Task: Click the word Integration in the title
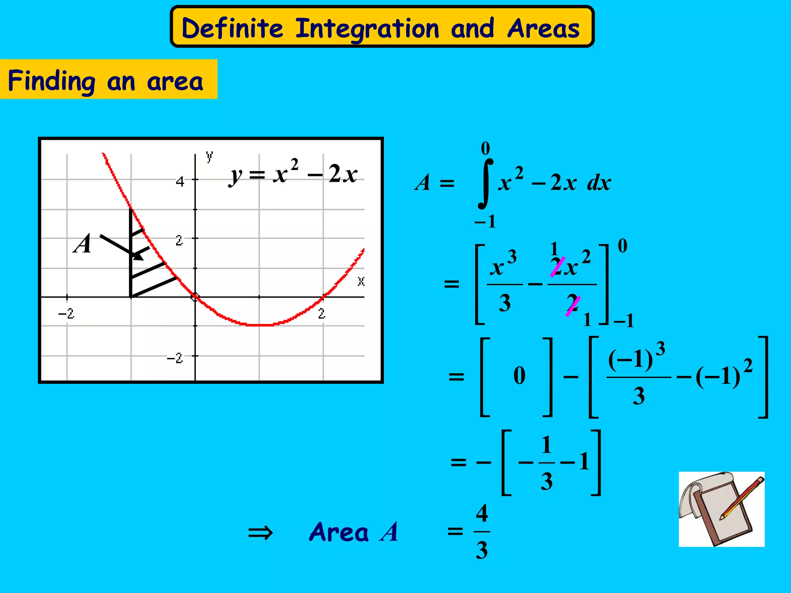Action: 367,29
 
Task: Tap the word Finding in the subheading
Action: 51,81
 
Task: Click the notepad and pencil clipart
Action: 721,509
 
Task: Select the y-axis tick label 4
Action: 180,181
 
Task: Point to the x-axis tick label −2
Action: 66,313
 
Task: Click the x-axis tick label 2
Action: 322,313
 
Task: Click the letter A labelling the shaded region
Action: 82,244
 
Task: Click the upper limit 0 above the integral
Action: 485,149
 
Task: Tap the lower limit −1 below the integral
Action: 485,222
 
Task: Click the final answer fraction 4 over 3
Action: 482,532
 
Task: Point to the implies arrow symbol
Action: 260,533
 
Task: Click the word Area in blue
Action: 339,532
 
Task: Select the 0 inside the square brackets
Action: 519,375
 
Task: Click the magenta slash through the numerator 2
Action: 557,267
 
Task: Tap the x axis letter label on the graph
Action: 361,281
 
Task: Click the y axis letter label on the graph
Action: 209,156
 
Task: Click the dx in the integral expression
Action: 599,183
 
